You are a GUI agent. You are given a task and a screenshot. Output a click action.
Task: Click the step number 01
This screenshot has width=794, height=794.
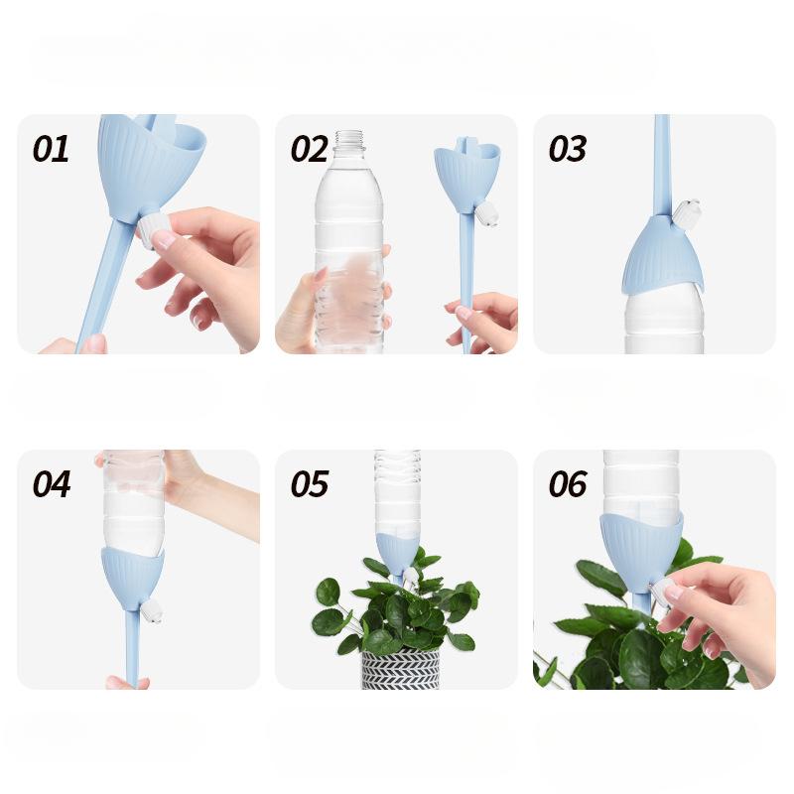coord(51,149)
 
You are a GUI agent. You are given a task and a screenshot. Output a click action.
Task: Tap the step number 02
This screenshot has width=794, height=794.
coord(309,149)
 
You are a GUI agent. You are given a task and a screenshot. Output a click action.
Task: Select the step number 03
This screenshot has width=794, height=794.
coord(568,149)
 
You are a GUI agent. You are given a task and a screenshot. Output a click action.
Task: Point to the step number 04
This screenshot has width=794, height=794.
coord(52,484)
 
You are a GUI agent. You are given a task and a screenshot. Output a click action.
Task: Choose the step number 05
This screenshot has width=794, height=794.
coord(309,484)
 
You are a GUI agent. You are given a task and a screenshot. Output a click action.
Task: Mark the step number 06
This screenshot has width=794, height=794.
coord(568,484)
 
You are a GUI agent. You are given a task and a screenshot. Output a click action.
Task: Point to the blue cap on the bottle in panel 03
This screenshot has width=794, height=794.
coord(662,255)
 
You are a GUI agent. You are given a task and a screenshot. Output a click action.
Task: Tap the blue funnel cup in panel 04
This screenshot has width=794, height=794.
coord(131,576)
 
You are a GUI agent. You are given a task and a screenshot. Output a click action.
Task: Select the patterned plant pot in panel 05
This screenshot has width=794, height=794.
coord(400,669)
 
